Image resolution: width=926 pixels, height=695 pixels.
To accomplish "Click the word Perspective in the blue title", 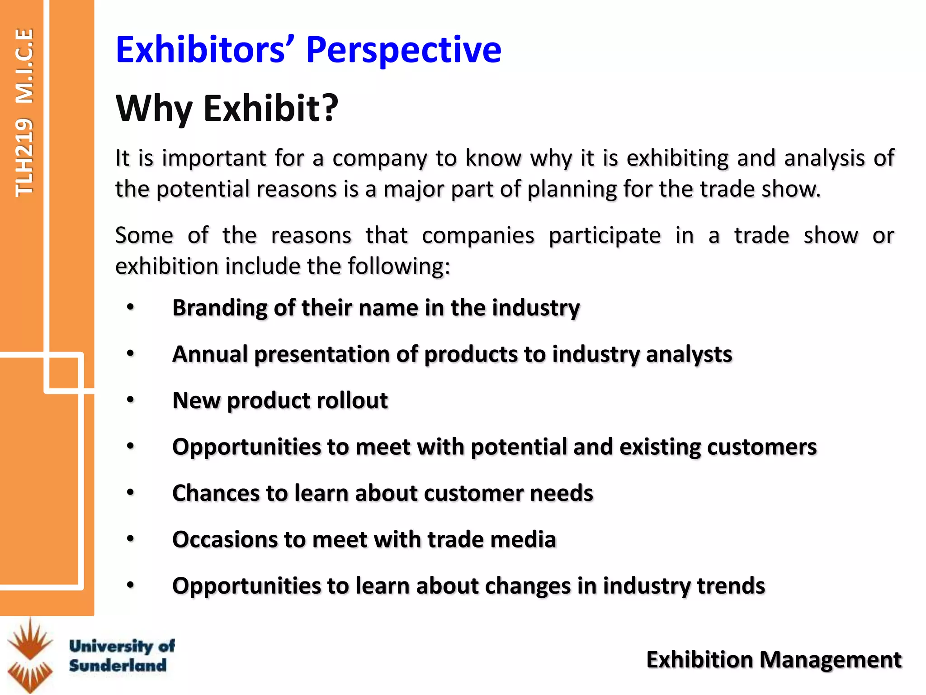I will click(403, 50).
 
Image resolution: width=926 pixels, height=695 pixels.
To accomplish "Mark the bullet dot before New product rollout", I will click(131, 400).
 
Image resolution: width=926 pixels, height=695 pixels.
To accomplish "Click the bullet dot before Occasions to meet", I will click(131, 539).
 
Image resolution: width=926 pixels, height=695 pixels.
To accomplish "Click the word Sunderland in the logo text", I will click(118, 666).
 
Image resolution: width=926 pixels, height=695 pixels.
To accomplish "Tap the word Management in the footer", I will click(831, 660).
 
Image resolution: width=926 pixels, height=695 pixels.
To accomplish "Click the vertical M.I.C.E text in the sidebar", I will click(24, 66).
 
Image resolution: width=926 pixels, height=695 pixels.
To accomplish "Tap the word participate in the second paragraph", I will click(605, 236).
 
